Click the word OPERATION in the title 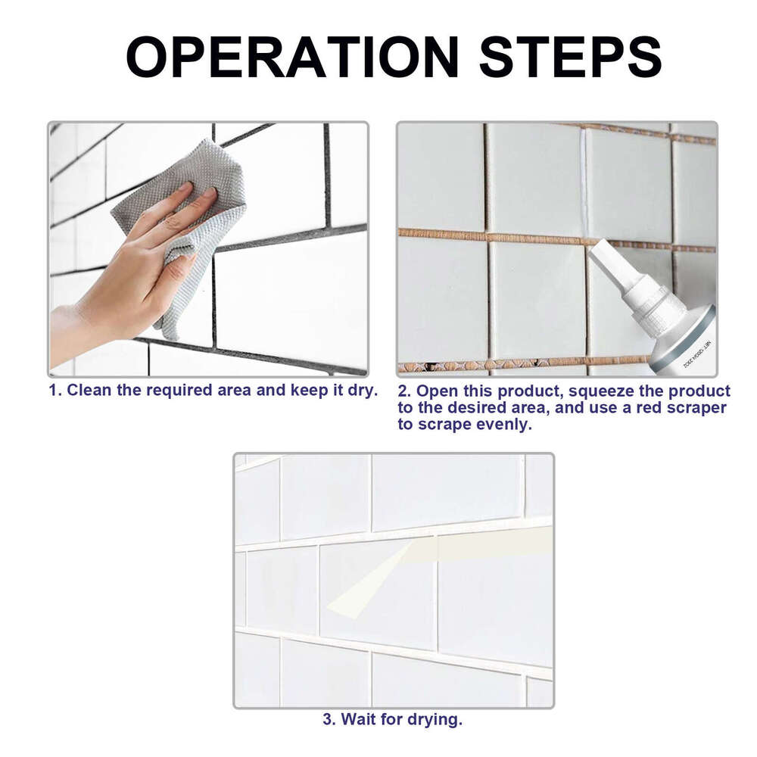pyautogui.click(x=292, y=57)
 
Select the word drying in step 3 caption pyautogui.click(x=434, y=719)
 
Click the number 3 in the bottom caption pyautogui.click(x=328, y=719)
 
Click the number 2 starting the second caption pyautogui.click(x=403, y=391)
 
